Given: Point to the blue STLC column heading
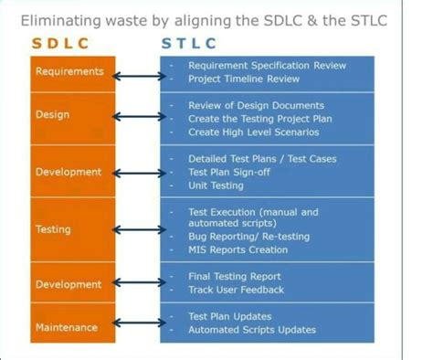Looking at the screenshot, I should [189, 44].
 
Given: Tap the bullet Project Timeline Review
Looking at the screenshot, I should [244, 79].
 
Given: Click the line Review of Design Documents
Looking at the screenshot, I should [256, 106].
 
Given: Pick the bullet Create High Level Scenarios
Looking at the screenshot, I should [255, 132].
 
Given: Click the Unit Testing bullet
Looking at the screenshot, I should [217, 185].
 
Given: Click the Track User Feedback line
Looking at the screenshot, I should [236, 290].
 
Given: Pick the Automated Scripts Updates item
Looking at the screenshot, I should [252, 330].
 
